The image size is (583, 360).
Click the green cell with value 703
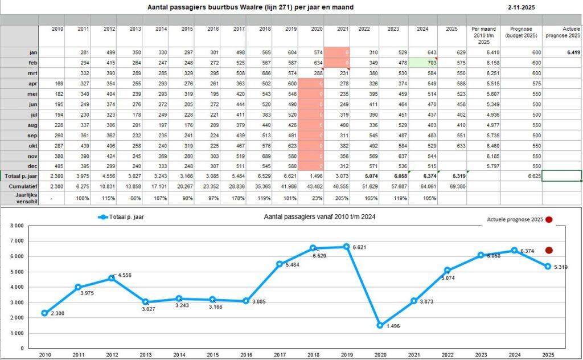tap(422, 62)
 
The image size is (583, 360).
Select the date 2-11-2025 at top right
tap(522, 8)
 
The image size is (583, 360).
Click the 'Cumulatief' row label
tap(19, 186)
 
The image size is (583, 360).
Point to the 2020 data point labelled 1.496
tap(380, 325)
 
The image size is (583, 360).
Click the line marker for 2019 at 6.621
tap(346, 247)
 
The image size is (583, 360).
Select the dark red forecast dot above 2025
tap(548, 250)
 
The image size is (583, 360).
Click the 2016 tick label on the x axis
tap(246, 354)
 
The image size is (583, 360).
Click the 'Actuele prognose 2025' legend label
tap(514, 219)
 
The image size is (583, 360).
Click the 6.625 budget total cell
tap(521, 176)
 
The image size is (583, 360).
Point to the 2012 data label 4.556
tap(124, 276)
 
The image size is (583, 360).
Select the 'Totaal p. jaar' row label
tap(19, 176)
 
